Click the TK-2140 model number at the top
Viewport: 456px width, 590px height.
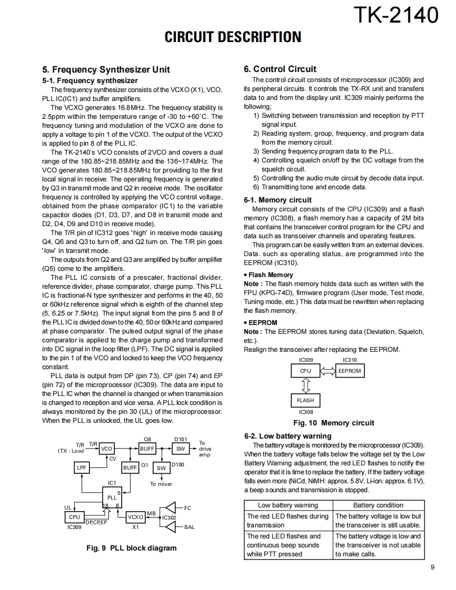(x=396, y=15)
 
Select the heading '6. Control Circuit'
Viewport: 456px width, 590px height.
(x=280, y=69)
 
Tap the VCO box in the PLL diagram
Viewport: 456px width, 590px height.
(x=106, y=449)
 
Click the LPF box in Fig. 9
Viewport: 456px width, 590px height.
(x=82, y=467)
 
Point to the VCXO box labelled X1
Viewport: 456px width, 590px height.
(x=135, y=517)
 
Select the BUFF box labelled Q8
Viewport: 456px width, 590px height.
(x=147, y=449)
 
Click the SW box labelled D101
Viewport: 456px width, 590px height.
(x=180, y=449)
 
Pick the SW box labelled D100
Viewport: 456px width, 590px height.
(x=162, y=468)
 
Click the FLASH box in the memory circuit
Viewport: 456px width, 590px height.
(x=305, y=400)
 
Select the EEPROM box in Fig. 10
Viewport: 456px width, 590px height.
(x=350, y=371)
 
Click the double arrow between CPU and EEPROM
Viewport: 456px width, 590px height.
(x=328, y=371)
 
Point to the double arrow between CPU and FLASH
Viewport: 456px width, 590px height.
(x=305, y=385)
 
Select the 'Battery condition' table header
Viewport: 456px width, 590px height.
(x=378, y=505)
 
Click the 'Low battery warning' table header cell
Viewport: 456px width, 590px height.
(x=288, y=505)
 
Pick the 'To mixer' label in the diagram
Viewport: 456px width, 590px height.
(x=161, y=484)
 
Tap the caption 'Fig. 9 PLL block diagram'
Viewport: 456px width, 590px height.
(x=132, y=548)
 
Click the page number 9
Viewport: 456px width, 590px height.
(x=432, y=567)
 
